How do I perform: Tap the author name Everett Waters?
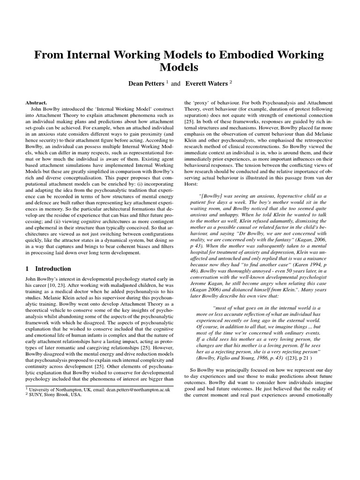pos(205,84)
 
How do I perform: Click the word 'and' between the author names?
pos(175,84)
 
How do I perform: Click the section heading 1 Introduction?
pos(47,269)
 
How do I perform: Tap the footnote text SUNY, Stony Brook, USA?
pos(55,394)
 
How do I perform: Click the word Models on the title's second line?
pos(180,67)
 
